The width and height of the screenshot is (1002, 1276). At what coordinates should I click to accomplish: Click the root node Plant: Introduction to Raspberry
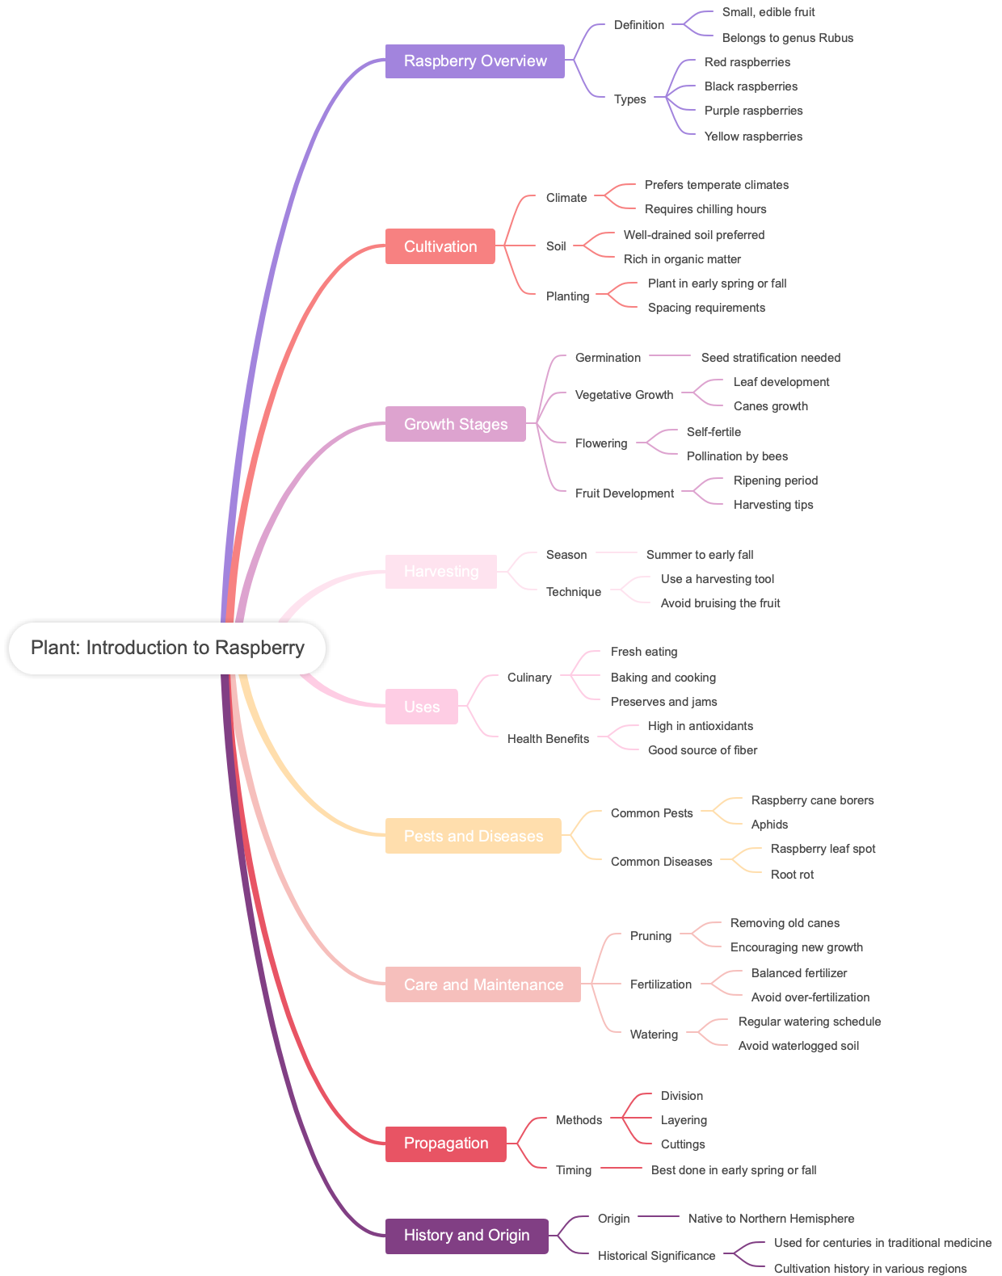167,648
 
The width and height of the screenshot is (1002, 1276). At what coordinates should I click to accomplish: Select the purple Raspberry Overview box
475,61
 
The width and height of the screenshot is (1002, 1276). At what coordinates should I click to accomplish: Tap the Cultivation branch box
440,246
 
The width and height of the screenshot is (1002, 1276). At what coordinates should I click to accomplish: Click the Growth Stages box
456,424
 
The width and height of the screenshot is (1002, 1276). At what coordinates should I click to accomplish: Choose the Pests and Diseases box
474,836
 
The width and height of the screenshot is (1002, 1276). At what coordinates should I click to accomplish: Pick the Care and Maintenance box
483,984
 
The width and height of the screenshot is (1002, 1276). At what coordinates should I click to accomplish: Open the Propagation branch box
446,1144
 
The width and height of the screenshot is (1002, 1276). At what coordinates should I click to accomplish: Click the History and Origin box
467,1236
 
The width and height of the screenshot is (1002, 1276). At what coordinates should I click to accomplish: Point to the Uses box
422,707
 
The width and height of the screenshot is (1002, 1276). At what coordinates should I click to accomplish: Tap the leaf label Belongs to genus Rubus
788,38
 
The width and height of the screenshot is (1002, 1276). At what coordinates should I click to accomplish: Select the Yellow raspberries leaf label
753,136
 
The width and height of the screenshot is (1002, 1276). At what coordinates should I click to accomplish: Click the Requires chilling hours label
705,209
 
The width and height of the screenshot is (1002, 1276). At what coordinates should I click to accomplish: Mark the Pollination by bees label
737,456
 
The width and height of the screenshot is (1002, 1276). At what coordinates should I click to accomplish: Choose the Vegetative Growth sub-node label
624,395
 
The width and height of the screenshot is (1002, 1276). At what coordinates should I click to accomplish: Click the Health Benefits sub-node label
548,739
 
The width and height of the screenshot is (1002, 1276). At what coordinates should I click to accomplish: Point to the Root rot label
792,875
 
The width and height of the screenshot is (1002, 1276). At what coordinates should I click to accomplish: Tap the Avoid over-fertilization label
810,997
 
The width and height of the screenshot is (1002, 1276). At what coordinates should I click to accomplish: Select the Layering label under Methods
684,1120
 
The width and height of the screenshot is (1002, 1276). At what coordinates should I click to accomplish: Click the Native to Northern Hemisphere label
771,1219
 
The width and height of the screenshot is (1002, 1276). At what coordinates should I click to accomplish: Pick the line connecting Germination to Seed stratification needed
671,355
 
